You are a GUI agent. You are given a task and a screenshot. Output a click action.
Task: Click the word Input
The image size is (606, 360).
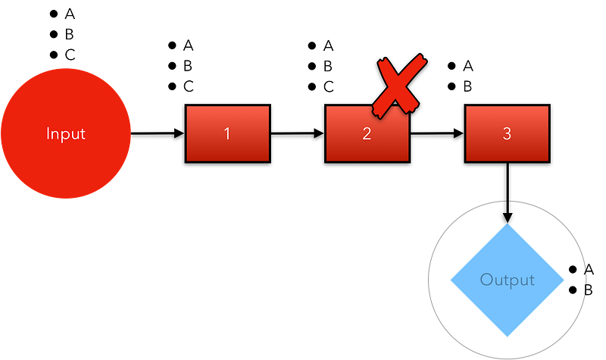pyautogui.click(x=66, y=134)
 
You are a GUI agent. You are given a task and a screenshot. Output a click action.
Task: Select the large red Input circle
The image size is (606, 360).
pyautogui.click(x=66, y=163)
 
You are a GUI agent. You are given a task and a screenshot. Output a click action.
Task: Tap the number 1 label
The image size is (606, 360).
pyautogui.click(x=227, y=134)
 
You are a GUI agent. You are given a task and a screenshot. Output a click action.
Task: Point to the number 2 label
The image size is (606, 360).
pyautogui.click(x=367, y=134)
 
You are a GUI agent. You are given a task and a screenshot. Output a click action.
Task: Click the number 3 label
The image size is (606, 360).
pyautogui.click(x=507, y=134)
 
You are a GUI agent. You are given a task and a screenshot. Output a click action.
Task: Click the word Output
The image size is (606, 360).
pyautogui.click(x=507, y=280)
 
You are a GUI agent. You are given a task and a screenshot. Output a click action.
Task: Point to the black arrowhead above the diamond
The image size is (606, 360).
pyautogui.click(x=507, y=217)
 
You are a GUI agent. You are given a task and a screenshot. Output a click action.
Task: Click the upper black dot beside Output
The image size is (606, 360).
pyautogui.click(x=573, y=271)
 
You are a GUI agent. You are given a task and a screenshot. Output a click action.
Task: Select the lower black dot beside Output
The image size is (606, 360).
pyautogui.click(x=573, y=290)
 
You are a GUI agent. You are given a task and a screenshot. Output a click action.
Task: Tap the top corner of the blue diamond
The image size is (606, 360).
pyautogui.click(x=507, y=226)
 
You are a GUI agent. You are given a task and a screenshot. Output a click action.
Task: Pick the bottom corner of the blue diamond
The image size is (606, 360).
pyautogui.click(x=507, y=335)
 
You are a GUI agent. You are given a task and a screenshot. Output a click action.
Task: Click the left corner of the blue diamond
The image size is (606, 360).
pyautogui.click(x=452, y=280)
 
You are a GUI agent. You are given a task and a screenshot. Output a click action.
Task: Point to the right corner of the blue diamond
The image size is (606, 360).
pyautogui.click(x=561, y=280)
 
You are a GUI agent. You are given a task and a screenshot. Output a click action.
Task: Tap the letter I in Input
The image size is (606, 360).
pyautogui.click(x=48, y=134)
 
